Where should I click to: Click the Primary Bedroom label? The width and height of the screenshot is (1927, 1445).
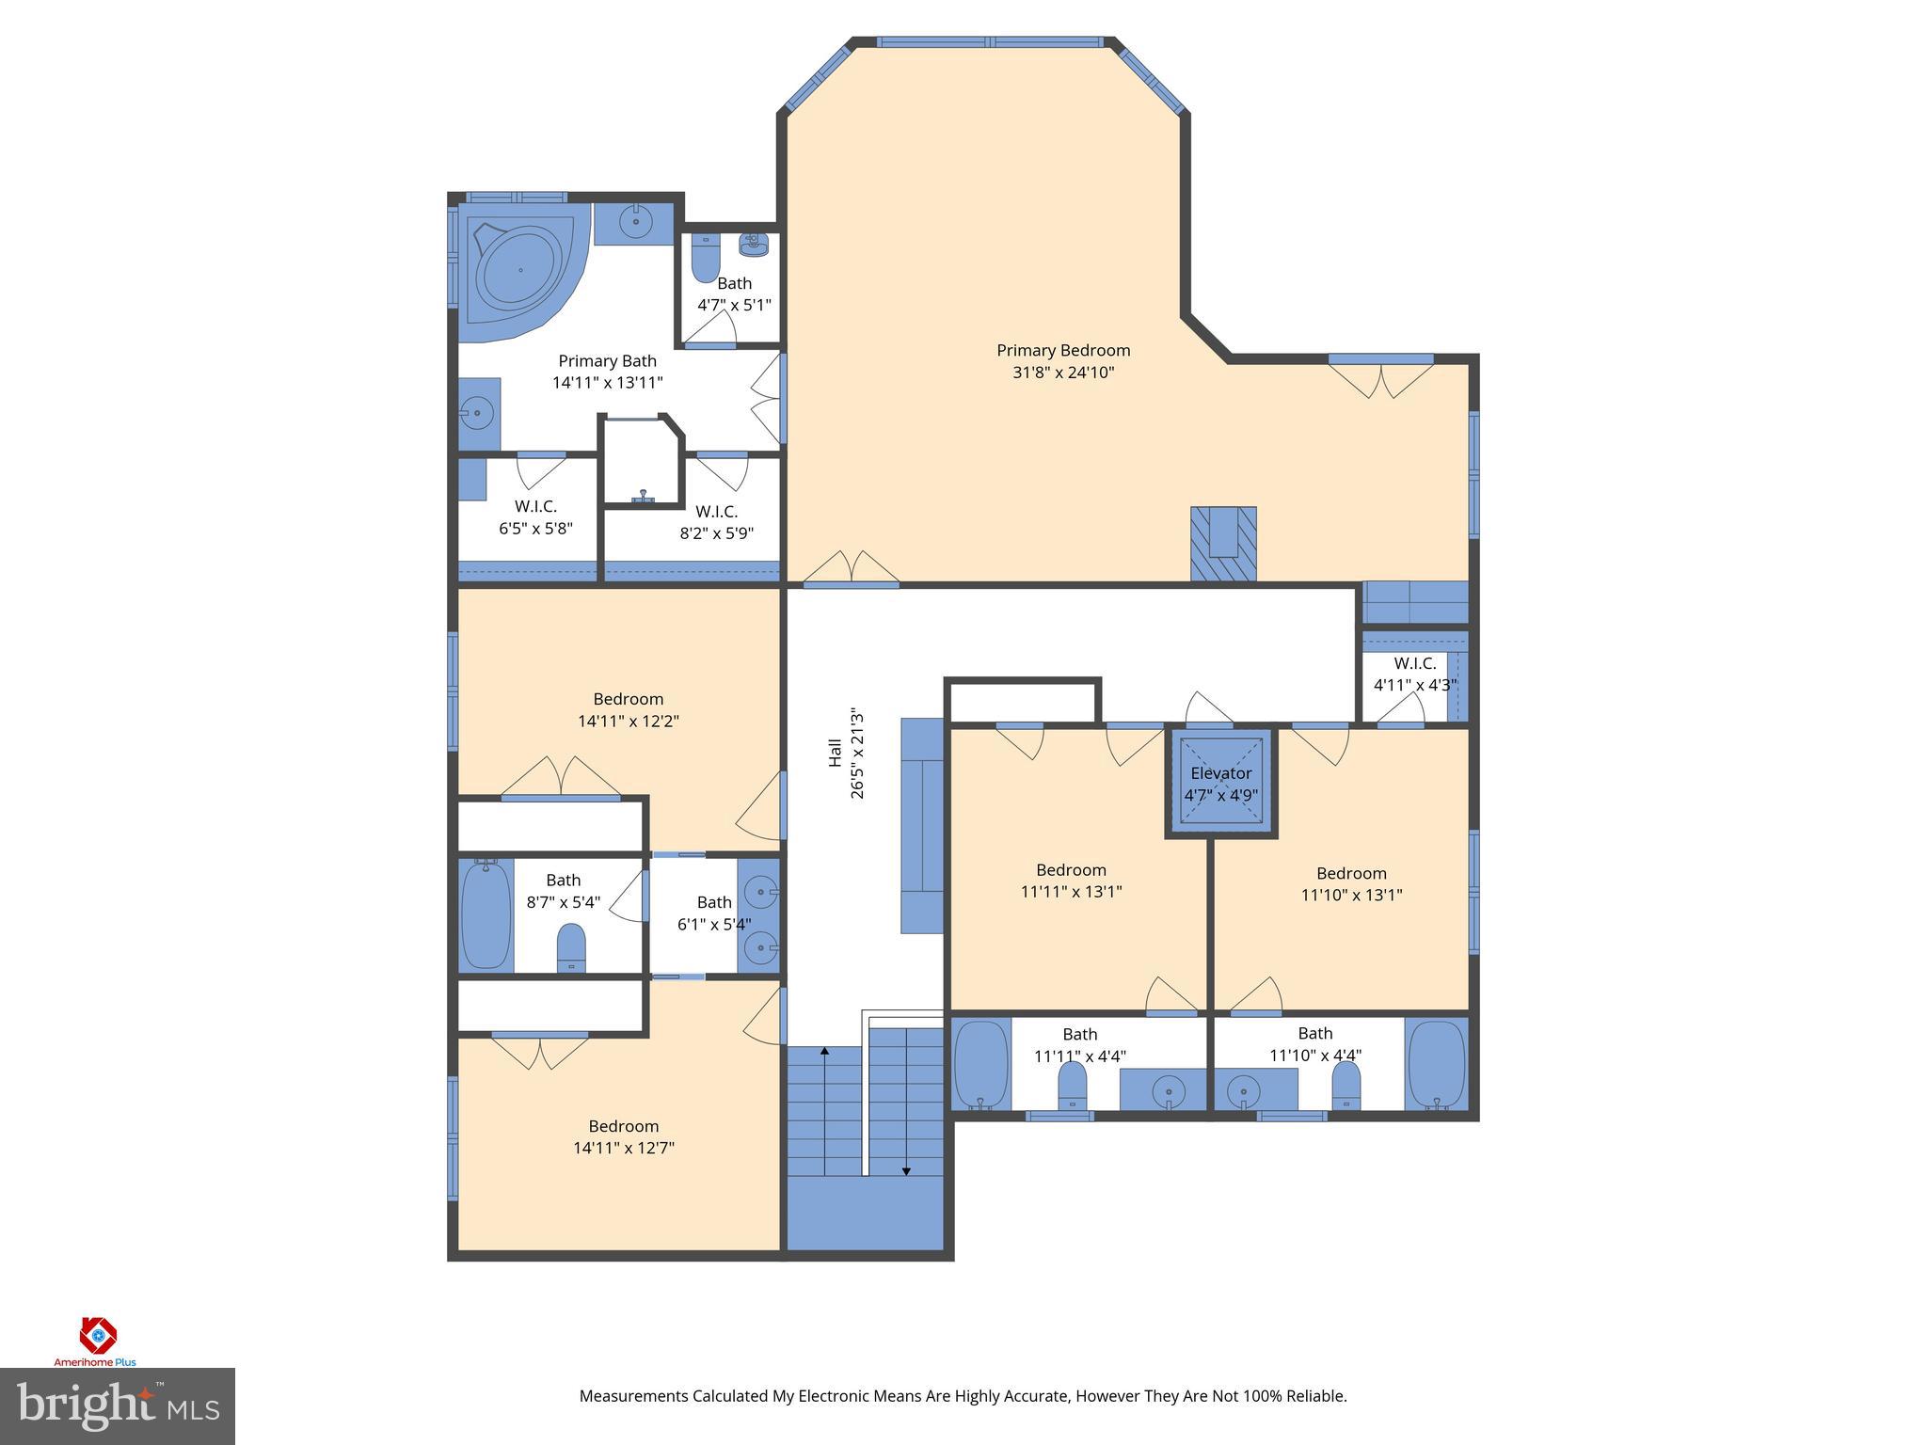[1063, 351]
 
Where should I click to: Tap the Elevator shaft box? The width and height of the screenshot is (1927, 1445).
[1220, 783]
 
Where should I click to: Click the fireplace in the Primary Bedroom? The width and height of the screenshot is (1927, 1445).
[1223, 544]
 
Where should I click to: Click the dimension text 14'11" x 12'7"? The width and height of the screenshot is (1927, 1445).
[624, 1148]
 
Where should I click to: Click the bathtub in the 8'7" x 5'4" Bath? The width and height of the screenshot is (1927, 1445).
[486, 914]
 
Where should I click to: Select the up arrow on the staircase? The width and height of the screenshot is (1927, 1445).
[825, 1054]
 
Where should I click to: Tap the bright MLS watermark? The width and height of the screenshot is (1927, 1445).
[117, 1405]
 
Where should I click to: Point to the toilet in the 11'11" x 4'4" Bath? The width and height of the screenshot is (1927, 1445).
[1073, 1089]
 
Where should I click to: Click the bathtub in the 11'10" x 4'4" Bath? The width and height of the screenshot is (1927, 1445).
[1436, 1065]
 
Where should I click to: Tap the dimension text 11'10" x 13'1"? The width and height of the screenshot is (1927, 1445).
[1351, 895]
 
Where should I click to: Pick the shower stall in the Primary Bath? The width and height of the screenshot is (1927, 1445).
[642, 461]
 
